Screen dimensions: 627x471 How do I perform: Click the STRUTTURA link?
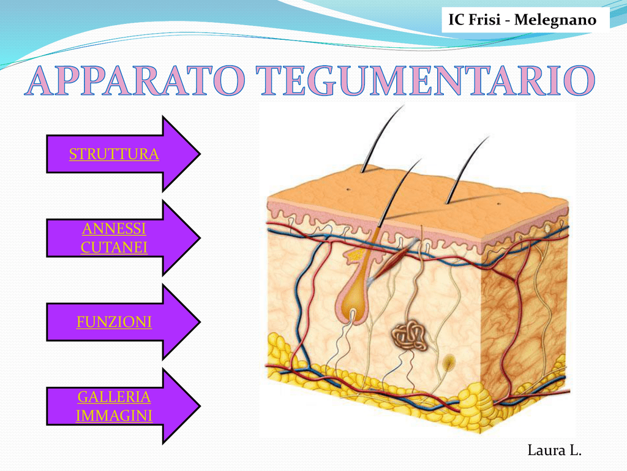tap(114, 154)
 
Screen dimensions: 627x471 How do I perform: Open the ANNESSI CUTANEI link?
tap(114, 238)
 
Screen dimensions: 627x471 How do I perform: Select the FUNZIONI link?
tap(114, 322)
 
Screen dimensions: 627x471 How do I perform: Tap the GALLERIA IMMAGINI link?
tap(114, 406)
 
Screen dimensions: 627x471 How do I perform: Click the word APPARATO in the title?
tap(135, 81)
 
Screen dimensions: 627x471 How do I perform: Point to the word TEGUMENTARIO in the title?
tap(426, 81)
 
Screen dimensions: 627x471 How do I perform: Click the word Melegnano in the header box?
tap(555, 20)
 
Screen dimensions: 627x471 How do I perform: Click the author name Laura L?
tap(555, 450)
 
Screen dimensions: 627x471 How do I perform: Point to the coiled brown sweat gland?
tap(409, 335)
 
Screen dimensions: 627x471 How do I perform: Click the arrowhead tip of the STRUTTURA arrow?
tap(200, 154)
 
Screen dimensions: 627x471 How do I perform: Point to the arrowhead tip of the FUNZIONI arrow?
tap(200, 321)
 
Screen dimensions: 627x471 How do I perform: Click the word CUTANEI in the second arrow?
tap(114, 248)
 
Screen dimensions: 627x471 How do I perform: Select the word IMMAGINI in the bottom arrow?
tap(114, 416)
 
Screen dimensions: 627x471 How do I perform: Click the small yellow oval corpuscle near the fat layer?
tap(449, 363)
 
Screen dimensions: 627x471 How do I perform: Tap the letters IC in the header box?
tap(456, 20)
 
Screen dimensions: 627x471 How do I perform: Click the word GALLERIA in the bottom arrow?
tap(114, 397)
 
